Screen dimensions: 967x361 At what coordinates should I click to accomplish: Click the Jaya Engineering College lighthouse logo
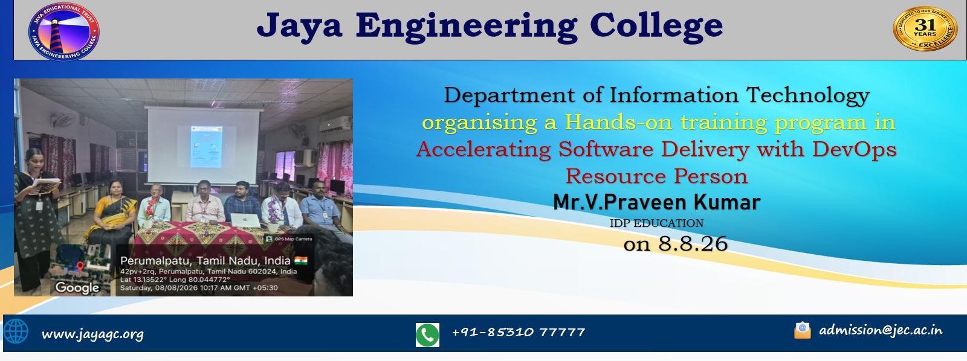coord(64,31)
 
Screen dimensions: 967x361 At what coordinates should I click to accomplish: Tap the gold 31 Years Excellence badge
coord(924,28)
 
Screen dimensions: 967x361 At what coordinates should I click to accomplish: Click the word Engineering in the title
coord(466,27)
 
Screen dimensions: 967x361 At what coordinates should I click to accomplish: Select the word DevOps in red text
coord(855,149)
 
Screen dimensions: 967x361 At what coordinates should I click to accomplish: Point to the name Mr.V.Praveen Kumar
coord(656,202)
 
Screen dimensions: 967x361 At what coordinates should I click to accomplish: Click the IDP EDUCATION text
coord(656,223)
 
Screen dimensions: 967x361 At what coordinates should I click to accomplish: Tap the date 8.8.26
coord(693,244)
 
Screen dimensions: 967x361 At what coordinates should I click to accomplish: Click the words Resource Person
coord(656,176)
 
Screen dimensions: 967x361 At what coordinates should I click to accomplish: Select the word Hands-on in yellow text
coord(618,122)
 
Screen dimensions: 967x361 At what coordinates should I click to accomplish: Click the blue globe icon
coord(16,331)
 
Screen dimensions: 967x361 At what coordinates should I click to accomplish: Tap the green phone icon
coord(427,334)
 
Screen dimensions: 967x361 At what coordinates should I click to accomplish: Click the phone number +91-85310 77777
coord(519,332)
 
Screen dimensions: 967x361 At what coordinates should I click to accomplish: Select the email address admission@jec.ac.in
coord(881,330)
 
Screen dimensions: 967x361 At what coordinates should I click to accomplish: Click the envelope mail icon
coord(803,330)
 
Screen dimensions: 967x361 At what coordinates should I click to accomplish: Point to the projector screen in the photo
coord(203,145)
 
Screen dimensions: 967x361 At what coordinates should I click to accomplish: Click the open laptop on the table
coord(245,220)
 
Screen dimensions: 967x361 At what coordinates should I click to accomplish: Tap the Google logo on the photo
coord(77,287)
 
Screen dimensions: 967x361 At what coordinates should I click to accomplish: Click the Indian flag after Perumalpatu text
coord(301,260)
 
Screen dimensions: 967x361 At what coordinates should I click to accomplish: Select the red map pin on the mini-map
coord(80,266)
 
